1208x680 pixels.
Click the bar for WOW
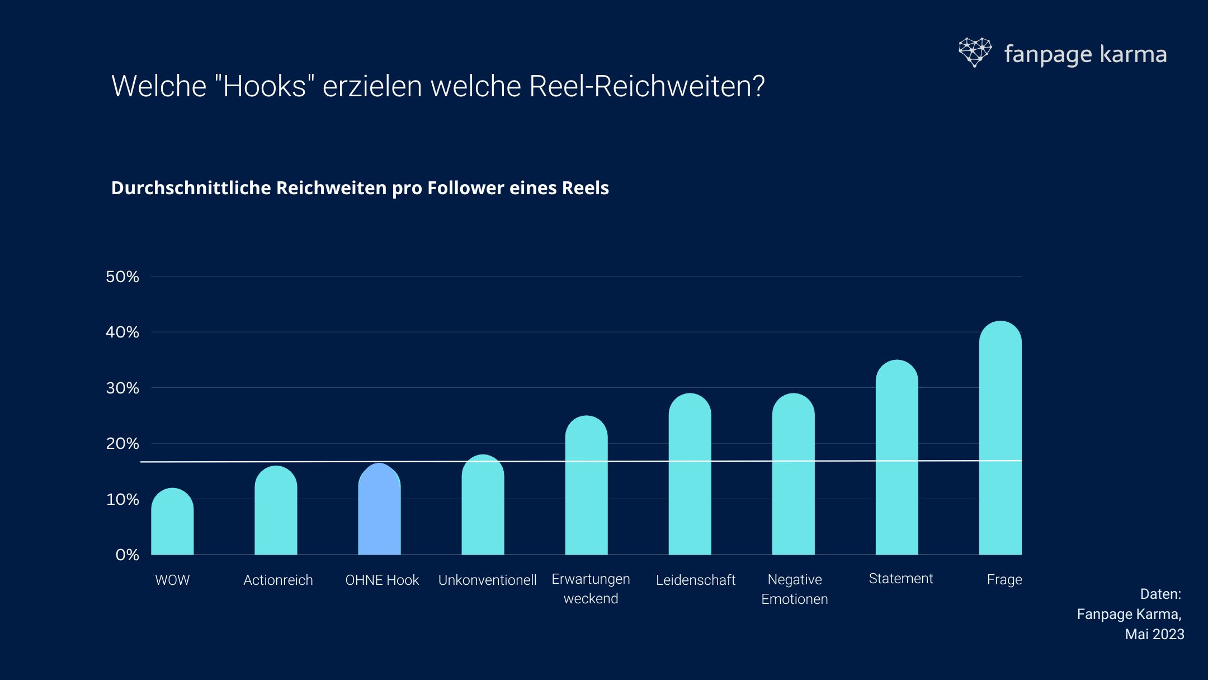tap(172, 523)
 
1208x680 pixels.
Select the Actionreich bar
tap(276, 512)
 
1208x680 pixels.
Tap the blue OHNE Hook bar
tap(379, 512)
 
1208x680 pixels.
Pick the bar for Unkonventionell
tap(483, 507)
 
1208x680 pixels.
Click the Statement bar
tap(896, 459)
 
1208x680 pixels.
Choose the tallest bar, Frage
tap(1000, 439)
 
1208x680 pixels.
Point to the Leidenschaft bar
tap(690, 476)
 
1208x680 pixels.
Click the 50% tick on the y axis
tap(122, 276)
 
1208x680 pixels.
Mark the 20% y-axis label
tap(122, 444)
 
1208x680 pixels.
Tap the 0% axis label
tap(127, 555)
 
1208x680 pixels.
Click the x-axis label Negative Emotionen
tap(794, 589)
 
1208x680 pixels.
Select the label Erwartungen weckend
tap(591, 589)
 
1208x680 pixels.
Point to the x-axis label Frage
tap(1004, 580)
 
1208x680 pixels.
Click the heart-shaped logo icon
tap(975, 52)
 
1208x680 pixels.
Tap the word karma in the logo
tap(1133, 55)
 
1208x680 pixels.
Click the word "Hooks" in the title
tap(264, 86)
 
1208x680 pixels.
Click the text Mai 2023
tap(1154, 634)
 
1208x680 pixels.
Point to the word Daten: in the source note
tap(1160, 594)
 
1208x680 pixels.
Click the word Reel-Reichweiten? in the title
tap(647, 86)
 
